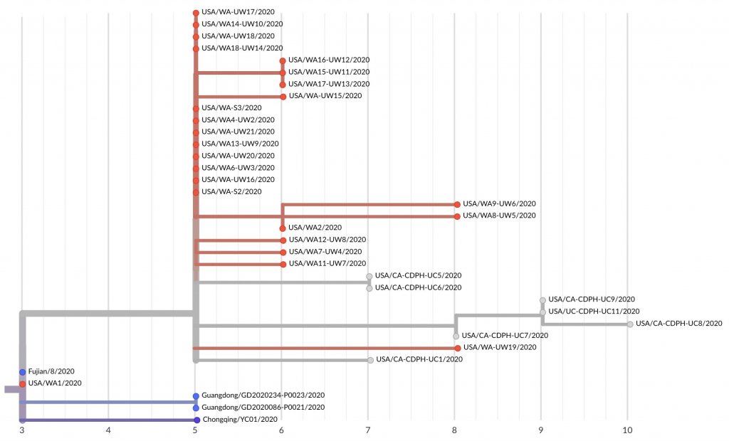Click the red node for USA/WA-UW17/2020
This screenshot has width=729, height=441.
(196, 13)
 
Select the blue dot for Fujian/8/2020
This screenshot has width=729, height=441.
(23, 372)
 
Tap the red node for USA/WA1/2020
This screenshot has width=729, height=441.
(23, 384)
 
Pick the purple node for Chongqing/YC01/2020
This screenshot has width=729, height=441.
(196, 420)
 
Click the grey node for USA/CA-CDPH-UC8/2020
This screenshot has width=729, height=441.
(629, 324)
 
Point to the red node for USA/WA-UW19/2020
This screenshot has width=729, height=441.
(457, 348)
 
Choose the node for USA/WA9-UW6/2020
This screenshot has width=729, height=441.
(457, 204)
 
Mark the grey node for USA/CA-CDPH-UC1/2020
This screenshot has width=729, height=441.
(370, 360)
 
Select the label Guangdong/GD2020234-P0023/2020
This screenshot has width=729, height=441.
(263, 395)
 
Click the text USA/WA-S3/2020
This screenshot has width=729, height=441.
(227, 108)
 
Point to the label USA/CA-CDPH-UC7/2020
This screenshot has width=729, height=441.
(505, 336)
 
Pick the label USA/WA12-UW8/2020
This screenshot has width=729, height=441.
(327, 240)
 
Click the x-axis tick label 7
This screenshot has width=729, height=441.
(368, 430)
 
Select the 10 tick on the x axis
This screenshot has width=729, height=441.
(627, 430)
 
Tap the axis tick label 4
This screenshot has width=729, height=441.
(108, 430)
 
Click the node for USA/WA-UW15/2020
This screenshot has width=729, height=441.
(283, 96)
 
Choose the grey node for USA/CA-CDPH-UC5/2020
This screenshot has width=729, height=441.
(369, 276)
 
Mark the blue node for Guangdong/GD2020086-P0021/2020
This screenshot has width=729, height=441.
(196, 408)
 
